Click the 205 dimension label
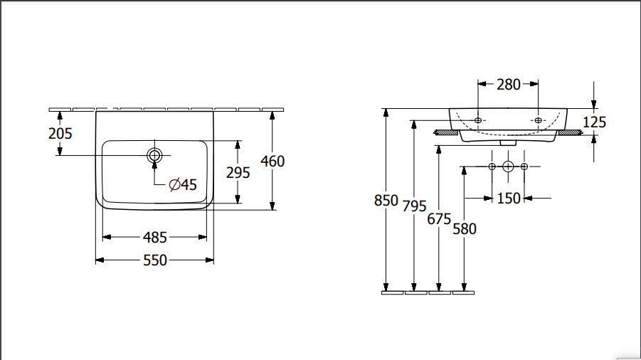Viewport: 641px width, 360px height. tap(60, 133)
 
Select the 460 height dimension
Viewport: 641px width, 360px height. tap(272, 162)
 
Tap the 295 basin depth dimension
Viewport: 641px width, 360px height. tap(238, 172)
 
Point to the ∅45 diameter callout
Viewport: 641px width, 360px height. tap(182, 185)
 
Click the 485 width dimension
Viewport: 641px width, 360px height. tap(155, 238)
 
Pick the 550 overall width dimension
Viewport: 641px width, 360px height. tap(155, 260)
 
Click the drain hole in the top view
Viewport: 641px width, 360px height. tap(154, 155)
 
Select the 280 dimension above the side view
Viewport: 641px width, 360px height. tap(508, 85)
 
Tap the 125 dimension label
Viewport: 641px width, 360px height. tap(594, 122)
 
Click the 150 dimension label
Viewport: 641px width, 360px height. tap(508, 198)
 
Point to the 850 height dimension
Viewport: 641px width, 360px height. tap(386, 201)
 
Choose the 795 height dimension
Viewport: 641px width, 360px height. tap(414, 206)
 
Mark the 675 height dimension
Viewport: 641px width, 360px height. tap(439, 219)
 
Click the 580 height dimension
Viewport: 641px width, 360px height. tap(464, 228)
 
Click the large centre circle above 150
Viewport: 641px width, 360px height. tap(508, 166)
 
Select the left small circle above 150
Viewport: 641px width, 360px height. tap(492, 166)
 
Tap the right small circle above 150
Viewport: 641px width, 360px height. tap(524, 166)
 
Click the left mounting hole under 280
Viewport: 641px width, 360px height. tap(478, 120)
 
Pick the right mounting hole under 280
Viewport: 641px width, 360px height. tap(539, 120)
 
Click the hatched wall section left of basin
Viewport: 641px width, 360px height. tap(445, 132)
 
